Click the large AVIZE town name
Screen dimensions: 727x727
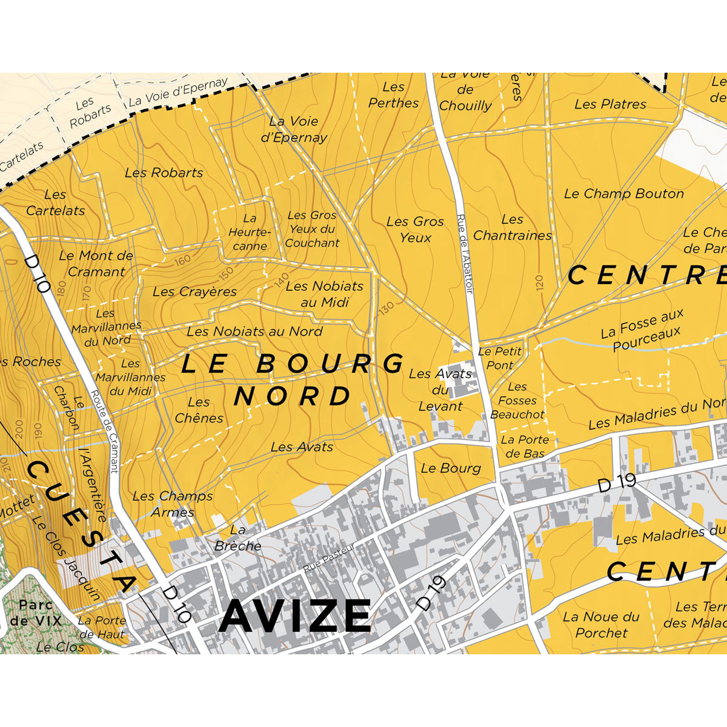coord(295,616)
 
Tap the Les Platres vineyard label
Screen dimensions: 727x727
coord(610,104)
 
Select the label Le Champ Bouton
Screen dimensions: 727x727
coord(623,194)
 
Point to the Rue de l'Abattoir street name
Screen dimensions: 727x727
coord(464,254)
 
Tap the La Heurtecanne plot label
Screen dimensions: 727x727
coord(250,232)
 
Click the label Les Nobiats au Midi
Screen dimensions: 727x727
coord(324,294)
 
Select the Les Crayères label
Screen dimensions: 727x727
coord(194,292)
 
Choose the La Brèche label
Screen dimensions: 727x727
coord(237,538)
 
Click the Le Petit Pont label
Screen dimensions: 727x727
coord(499,358)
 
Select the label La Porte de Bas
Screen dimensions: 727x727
coord(525,446)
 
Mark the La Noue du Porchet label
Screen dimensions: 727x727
coord(601,625)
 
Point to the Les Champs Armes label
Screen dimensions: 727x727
coord(173,504)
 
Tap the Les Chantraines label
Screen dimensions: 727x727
coord(513,228)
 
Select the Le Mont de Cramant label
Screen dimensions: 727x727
coord(96,264)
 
